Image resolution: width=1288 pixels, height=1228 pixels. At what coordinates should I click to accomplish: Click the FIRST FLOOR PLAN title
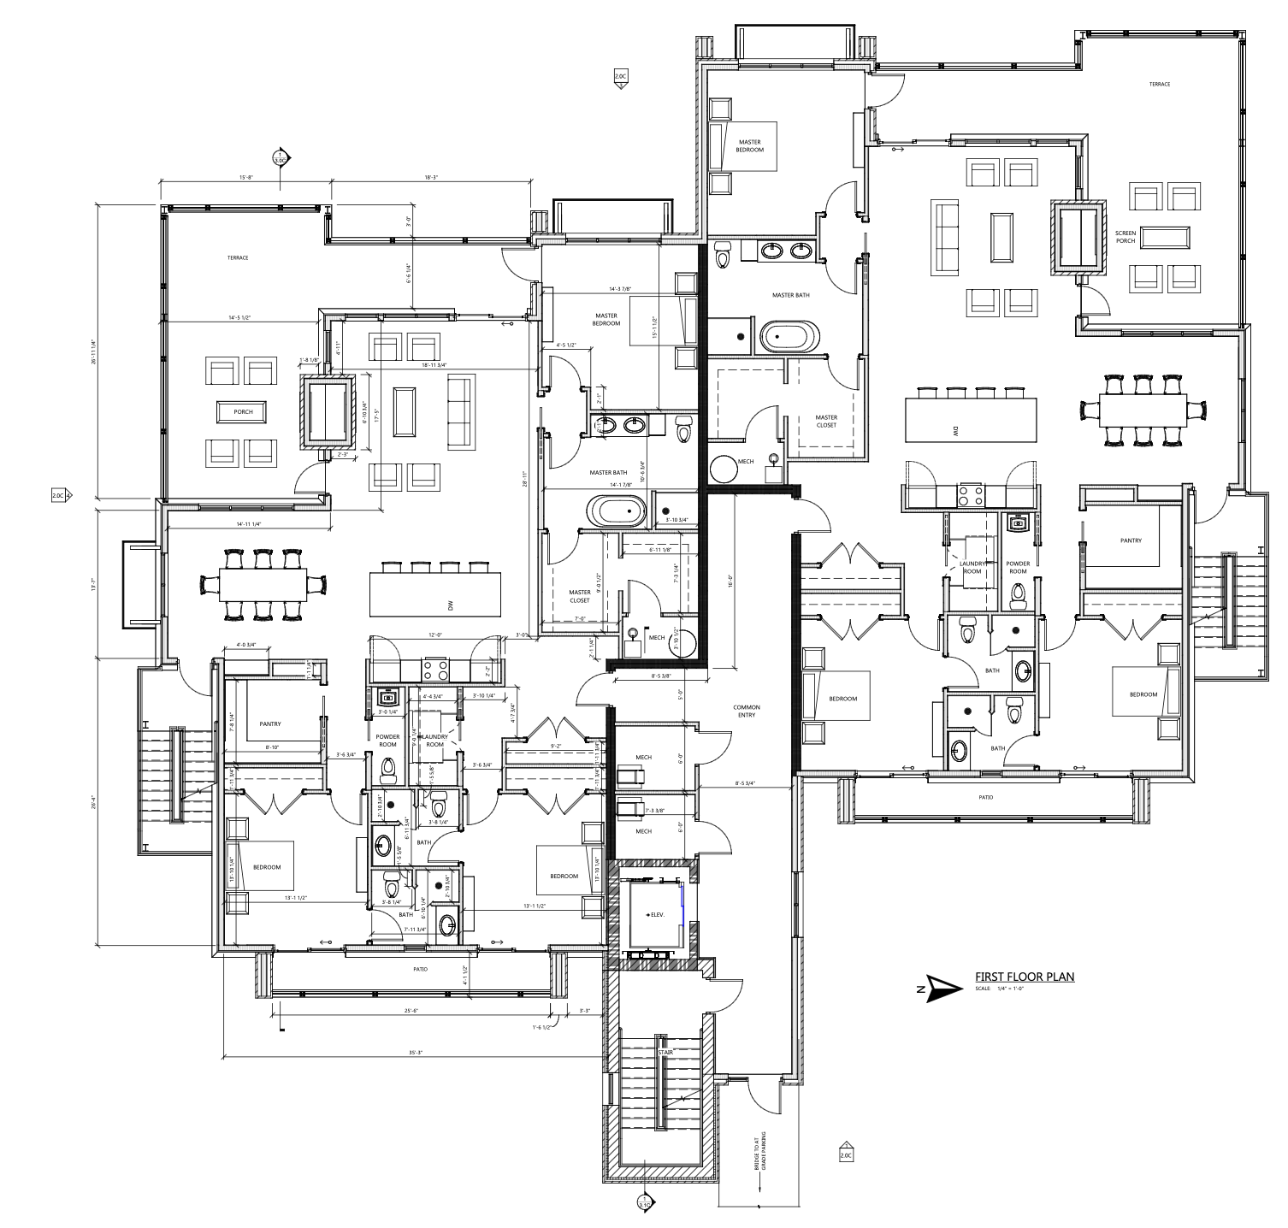point(1024,977)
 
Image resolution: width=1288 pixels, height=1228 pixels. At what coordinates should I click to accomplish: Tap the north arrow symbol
point(938,989)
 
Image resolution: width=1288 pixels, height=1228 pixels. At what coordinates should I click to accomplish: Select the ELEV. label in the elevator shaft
point(656,914)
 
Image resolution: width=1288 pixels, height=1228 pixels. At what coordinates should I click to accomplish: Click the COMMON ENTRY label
point(746,711)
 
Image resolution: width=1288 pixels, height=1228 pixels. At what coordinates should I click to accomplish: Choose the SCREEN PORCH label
point(1125,237)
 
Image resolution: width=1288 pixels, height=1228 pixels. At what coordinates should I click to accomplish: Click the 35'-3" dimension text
point(417,1053)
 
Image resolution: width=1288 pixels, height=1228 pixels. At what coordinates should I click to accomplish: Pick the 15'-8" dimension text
point(245,177)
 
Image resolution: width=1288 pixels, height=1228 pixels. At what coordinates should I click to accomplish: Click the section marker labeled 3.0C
point(280,158)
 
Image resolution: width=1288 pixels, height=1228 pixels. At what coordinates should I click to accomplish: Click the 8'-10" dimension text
point(273,747)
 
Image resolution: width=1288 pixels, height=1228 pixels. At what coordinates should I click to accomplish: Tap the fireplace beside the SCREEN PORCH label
point(1079,237)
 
